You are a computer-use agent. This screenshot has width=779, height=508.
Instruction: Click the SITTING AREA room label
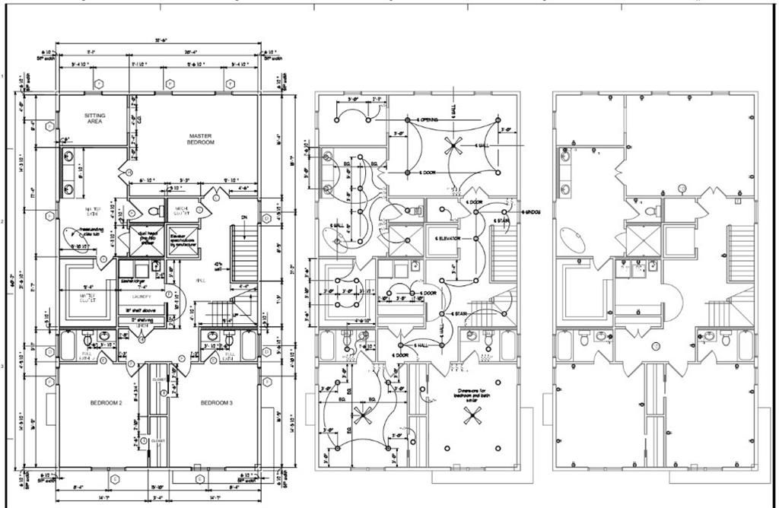[x=95, y=118]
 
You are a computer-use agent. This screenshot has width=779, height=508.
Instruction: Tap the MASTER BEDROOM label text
[x=201, y=139]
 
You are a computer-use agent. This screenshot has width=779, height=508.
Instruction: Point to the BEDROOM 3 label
[x=216, y=402]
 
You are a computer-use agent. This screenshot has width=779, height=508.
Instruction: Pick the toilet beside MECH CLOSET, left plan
[x=153, y=211]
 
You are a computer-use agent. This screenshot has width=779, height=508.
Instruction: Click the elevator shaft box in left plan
[x=183, y=241]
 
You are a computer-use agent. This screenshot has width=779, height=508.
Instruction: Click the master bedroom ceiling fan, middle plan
[x=454, y=144]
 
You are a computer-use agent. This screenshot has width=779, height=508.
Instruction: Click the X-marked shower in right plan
[x=642, y=242]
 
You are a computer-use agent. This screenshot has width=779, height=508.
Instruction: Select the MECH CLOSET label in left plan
[x=183, y=211]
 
